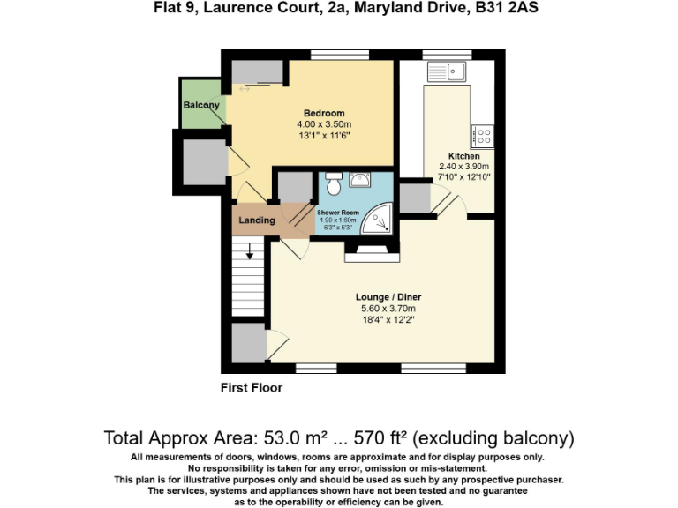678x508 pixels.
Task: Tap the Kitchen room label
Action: point(464,156)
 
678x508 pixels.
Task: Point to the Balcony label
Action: point(201,106)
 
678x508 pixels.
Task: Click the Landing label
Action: point(257,220)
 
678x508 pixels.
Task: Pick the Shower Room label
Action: point(338,213)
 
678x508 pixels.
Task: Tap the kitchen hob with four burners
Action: point(481,136)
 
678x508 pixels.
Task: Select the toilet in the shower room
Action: point(333,186)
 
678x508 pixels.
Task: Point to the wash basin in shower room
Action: point(360,181)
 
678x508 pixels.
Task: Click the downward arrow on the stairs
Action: point(250,252)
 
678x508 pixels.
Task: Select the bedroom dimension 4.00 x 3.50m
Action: point(324,124)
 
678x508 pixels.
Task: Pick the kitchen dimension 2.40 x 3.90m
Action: point(464,167)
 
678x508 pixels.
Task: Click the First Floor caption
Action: point(252,387)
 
